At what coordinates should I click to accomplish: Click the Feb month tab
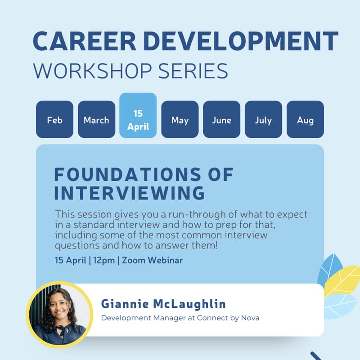point(54,120)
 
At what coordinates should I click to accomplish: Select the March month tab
point(96,120)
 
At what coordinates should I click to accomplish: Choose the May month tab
point(180,120)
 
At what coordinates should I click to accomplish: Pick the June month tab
point(222,120)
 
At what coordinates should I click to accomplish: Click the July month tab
point(263,120)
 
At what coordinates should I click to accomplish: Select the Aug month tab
point(305,120)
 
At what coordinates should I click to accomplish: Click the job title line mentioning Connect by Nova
point(180,318)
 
